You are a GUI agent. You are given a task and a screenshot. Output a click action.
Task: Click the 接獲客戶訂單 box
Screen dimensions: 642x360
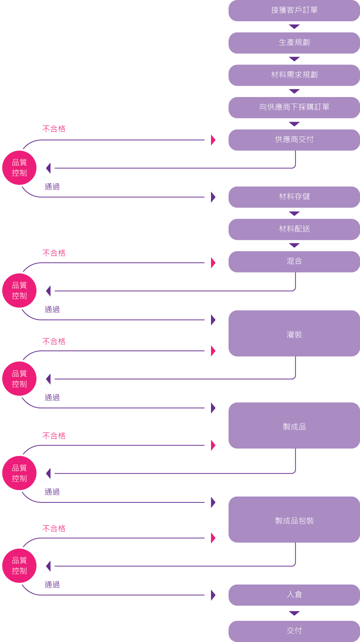pos(294,10)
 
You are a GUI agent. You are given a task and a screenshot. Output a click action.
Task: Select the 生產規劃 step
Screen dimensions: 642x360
pos(294,43)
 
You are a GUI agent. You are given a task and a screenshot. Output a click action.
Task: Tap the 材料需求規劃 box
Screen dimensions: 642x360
pos(294,75)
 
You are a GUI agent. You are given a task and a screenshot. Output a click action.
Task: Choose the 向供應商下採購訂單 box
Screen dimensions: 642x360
pos(294,107)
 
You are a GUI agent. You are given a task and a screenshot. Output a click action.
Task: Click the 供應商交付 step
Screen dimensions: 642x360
pos(294,140)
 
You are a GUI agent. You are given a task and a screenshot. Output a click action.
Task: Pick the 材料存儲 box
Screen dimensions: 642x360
pos(294,197)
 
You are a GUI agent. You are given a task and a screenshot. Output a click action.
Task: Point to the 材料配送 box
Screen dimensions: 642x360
pos(294,229)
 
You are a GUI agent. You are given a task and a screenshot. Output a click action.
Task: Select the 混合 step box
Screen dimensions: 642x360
pos(294,262)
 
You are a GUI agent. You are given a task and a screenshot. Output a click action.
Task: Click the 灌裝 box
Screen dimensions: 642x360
pos(294,333)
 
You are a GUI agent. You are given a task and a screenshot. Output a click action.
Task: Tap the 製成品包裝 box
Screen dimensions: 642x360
pos(294,520)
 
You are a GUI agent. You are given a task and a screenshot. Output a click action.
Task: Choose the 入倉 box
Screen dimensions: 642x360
pos(294,595)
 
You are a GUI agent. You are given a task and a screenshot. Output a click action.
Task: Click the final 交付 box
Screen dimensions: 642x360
pos(294,631)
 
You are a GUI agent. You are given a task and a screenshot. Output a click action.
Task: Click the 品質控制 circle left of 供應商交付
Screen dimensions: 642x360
pos(19,168)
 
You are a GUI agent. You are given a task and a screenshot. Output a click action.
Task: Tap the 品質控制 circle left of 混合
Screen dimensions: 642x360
pos(19,291)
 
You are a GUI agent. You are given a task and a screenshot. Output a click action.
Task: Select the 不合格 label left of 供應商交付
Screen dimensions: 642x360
pos(54,129)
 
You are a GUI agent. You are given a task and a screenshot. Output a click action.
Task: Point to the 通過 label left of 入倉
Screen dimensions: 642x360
pos(52,585)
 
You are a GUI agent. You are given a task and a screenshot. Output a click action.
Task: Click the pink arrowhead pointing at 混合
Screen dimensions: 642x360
pos(213,263)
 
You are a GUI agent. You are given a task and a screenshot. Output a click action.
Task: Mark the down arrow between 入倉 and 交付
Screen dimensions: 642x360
pos(294,613)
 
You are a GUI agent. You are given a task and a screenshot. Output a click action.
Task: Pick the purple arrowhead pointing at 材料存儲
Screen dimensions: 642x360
pos(213,197)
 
